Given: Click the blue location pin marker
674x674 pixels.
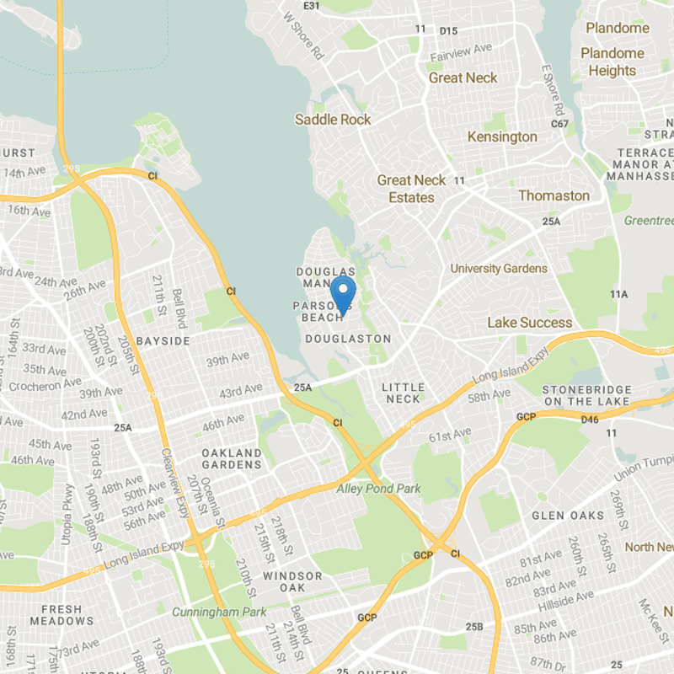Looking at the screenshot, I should (343, 295).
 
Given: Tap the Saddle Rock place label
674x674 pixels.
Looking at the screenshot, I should (333, 120).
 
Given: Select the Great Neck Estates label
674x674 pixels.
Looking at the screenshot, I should (412, 189).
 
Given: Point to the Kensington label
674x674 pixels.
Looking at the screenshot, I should (502, 136).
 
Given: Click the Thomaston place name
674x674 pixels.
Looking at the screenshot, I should (554, 195).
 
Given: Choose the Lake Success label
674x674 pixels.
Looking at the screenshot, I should (529, 323).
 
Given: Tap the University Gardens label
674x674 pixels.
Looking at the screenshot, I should (499, 269).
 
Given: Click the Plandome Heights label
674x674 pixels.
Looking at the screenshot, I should (612, 62).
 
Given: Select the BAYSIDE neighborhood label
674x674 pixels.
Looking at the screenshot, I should (163, 340).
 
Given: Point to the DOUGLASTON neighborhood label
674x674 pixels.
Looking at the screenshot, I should (348, 339).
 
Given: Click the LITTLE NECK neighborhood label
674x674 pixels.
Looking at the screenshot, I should (404, 393).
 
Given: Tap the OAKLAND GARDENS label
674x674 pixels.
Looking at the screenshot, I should (232, 458).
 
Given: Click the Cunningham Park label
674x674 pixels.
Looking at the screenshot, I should (219, 612).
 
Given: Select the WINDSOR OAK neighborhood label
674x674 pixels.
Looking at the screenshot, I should (292, 581).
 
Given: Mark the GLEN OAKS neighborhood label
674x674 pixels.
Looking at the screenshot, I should (568, 516).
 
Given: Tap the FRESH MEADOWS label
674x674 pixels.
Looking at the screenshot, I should (56, 615).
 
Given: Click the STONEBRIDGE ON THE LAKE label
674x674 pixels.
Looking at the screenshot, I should (586, 396).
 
